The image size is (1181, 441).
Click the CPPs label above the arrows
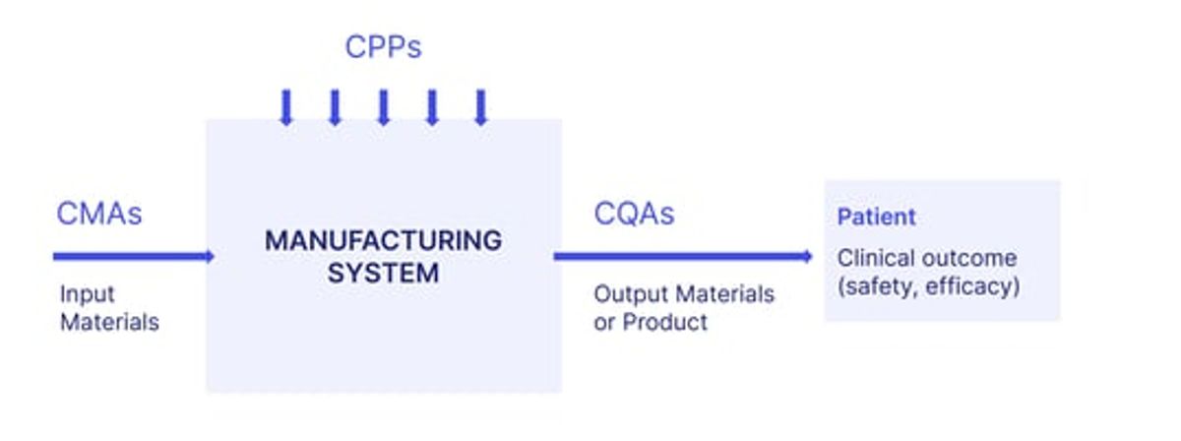383,46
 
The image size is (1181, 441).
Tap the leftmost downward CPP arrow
286,107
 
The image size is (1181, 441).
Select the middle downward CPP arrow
384,107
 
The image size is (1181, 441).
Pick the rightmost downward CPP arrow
481,107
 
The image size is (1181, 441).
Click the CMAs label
99,214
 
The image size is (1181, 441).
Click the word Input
87,294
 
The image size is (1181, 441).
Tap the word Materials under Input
109,322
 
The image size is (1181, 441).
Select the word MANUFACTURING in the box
383,240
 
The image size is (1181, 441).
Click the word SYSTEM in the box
383,274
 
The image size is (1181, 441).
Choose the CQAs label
634,214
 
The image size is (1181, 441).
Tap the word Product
665,322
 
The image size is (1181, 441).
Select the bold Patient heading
876,217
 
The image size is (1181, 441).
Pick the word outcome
969,259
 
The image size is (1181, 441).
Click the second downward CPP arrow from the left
335,107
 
